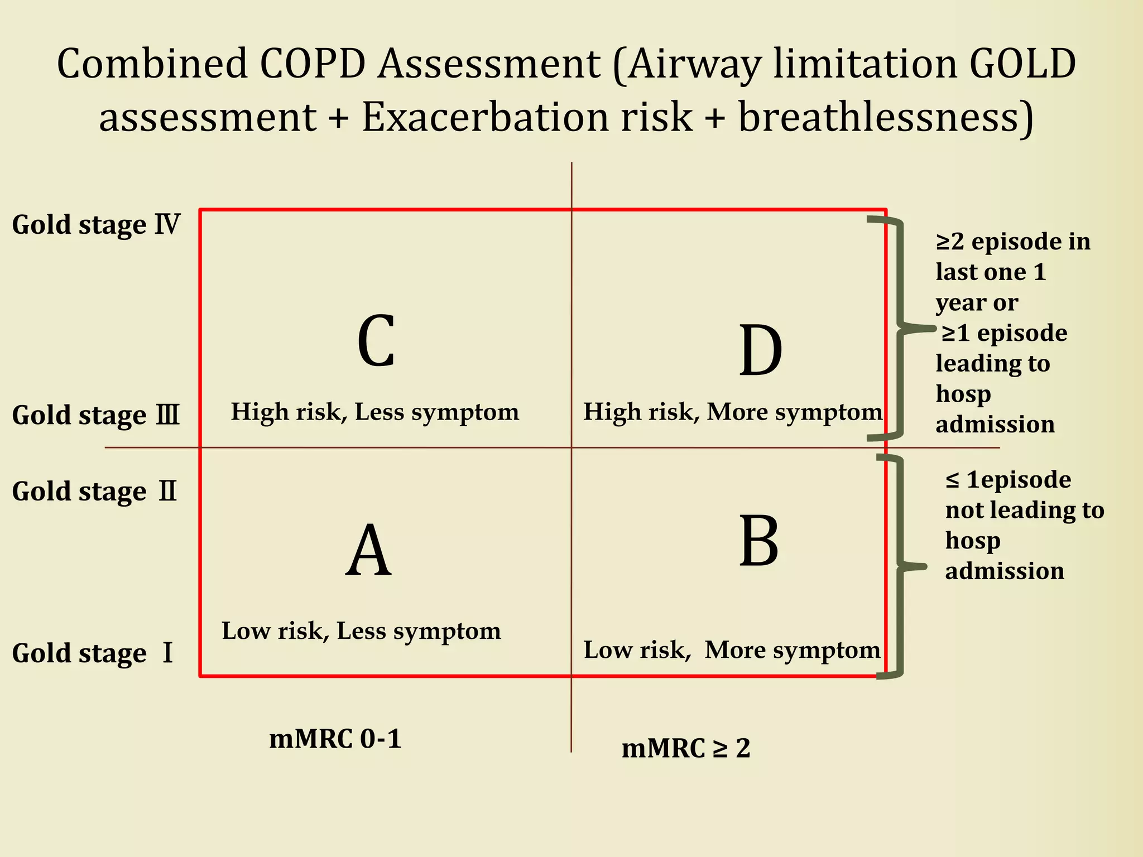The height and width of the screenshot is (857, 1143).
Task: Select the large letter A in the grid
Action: coord(368,551)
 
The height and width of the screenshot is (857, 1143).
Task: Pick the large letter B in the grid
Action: coord(759,541)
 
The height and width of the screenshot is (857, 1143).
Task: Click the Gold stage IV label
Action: coord(96,225)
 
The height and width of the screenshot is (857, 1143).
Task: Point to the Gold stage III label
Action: coord(96,415)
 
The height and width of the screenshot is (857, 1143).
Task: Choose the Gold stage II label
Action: coord(95,492)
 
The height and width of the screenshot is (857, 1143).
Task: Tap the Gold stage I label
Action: coord(93,653)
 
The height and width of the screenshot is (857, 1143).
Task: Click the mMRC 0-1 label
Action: coord(335,739)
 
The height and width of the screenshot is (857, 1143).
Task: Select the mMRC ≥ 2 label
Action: coord(686,748)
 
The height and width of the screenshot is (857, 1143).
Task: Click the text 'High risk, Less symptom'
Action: coord(375,412)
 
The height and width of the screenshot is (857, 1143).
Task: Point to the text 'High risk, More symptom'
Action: coord(733,412)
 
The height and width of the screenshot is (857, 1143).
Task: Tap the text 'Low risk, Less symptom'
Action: coord(361,631)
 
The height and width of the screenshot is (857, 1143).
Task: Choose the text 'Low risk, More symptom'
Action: coord(732,650)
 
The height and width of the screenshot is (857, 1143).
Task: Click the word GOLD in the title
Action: coord(1022,63)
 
